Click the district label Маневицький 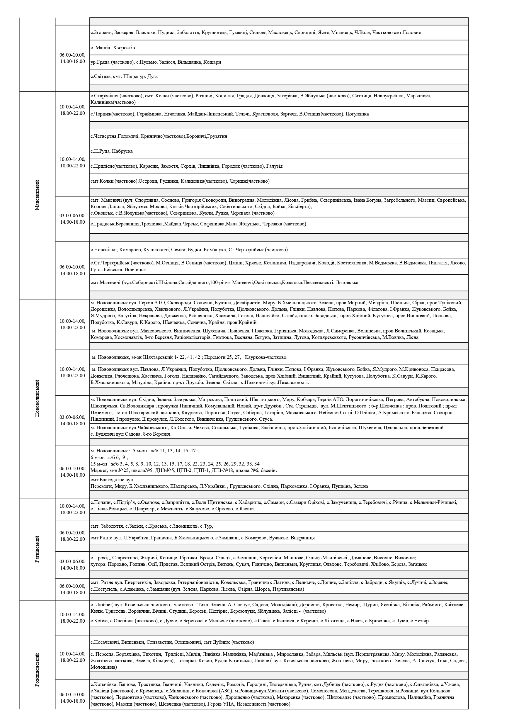point(37,195)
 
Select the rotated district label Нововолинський point(37,398)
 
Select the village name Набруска point(122,151)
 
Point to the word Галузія point(274,166)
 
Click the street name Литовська point(347,282)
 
